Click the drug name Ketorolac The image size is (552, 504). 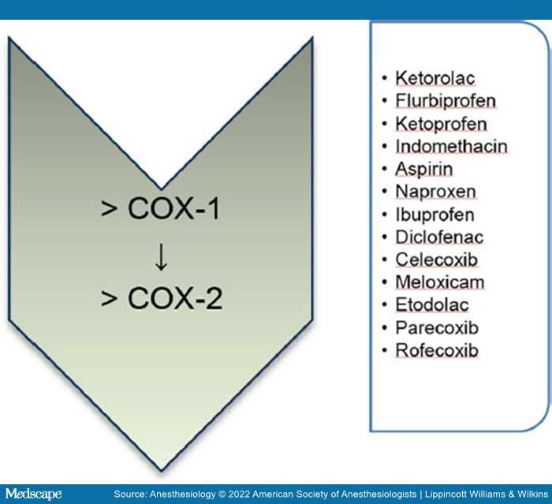(435, 78)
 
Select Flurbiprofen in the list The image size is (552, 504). (446, 101)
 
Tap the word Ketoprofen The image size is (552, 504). (441, 124)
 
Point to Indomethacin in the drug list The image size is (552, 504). (451, 146)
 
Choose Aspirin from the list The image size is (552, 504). (424, 169)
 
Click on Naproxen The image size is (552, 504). (436, 192)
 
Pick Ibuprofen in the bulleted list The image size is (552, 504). (435, 215)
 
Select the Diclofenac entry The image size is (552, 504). (439, 237)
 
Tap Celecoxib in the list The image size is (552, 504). (437, 260)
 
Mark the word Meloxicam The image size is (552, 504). (440, 282)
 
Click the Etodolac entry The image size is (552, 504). (432, 305)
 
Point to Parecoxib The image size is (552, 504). (437, 328)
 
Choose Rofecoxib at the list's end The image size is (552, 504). (437, 350)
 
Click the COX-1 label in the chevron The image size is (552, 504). (173, 208)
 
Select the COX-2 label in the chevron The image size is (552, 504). (175, 298)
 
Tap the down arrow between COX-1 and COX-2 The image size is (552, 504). (161, 257)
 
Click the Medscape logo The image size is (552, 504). (33, 494)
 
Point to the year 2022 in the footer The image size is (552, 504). (239, 494)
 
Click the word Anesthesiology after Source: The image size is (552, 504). (183, 495)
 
